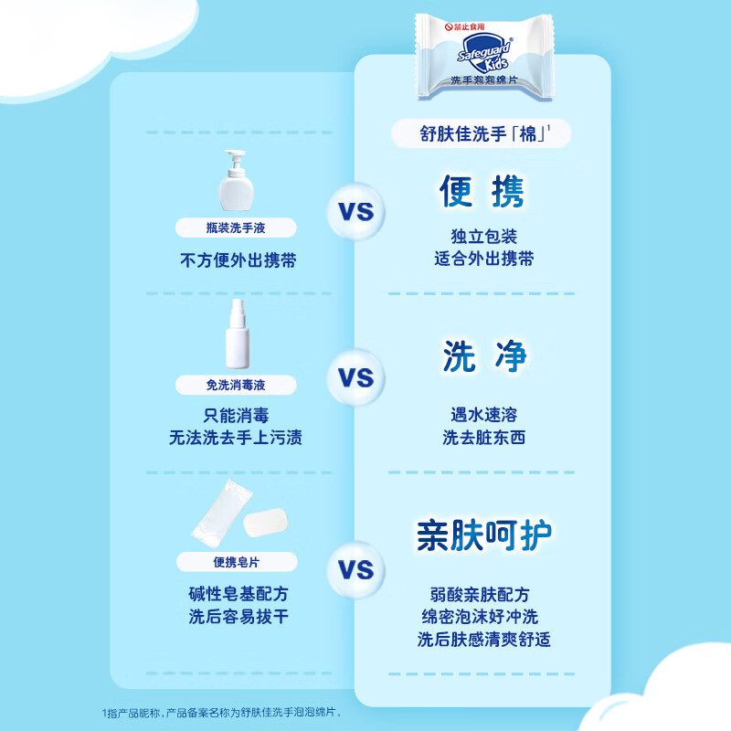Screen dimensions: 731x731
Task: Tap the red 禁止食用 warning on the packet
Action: click(465, 26)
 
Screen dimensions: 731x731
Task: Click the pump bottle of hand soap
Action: click(236, 180)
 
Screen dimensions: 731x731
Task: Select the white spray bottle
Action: click(238, 334)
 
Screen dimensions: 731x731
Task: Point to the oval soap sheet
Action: click(265, 523)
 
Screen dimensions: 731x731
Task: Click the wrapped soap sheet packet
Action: click(221, 514)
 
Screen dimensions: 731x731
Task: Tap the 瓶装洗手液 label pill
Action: click(236, 228)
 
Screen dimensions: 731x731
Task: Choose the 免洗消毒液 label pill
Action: click(236, 385)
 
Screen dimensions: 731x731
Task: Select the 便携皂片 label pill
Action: click(237, 562)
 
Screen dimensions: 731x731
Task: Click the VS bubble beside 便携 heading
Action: click(356, 212)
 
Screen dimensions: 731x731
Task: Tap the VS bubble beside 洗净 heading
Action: click(356, 377)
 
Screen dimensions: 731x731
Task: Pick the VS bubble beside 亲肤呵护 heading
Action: click(356, 569)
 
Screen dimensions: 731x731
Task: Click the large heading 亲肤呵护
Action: click(484, 535)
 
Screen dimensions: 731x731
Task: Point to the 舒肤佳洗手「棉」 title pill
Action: click(482, 133)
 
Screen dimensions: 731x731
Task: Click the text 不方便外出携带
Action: click(238, 260)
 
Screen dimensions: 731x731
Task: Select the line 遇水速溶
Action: click(484, 415)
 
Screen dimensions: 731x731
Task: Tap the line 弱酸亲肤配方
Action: click(480, 595)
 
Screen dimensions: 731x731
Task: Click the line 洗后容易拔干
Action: click(238, 616)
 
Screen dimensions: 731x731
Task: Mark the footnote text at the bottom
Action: click(221, 713)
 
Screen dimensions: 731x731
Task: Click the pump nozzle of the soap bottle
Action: click(236, 156)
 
